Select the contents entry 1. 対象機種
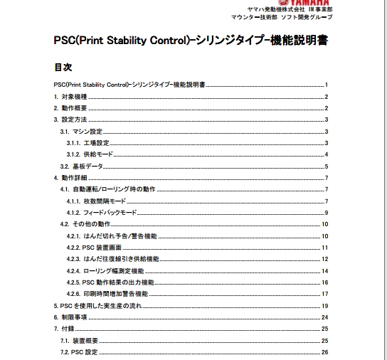pyautogui.click(x=70, y=96)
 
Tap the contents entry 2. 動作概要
pyautogui.click(x=70, y=107)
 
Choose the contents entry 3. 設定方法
pyautogui.click(x=70, y=120)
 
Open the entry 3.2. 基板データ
pyautogui.click(x=81, y=166)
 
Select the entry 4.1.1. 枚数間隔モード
pyautogui.click(x=101, y=201)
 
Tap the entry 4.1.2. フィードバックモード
pyautogui.click(x=107, y=212)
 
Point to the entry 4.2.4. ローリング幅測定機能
pyautogui.click(x=107, y=270)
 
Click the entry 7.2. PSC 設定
pyautogui.click(x=79, y=351)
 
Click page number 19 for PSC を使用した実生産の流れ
pyautogui.click(x=324, y=305)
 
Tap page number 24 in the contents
pyautogui.click(x=324, y=317)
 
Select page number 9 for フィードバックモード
pyautogui.click(x=325, y=212)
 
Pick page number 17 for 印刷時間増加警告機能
pyautogui.click(x=324, y=294)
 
